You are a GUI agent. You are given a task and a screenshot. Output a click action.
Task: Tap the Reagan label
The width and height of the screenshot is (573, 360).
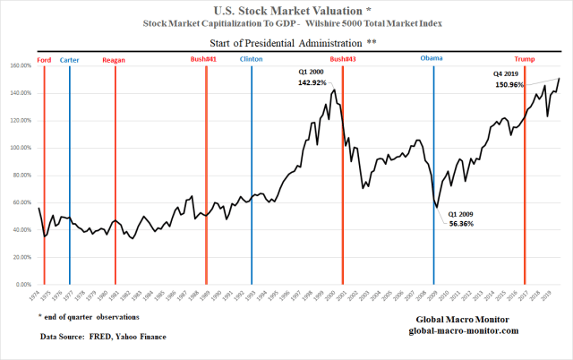[114, 59]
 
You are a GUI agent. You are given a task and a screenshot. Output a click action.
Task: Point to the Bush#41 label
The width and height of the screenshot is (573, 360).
[204, 59]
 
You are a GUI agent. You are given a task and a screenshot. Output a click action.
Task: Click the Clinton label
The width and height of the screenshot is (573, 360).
[252, 59]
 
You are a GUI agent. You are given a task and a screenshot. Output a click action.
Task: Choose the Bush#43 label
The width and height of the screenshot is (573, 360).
[343, 59]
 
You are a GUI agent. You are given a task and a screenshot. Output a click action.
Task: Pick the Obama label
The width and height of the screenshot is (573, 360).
[433, 59]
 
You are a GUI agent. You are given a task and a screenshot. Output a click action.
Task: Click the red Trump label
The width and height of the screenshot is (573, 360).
[525, 59]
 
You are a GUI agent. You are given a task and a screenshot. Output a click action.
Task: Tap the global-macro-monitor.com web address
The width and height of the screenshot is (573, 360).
[457, 331]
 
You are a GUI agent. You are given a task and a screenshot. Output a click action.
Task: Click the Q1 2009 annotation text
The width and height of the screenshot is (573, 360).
[462, 214]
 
